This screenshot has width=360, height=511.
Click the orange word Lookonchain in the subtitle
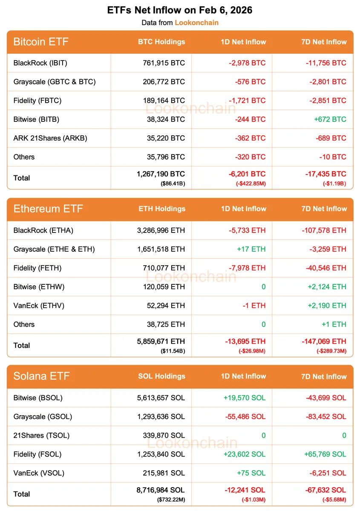pyautogui.click(x=196, y=23)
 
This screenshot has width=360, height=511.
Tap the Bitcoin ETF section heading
pyautogui.click(x=41, y=42)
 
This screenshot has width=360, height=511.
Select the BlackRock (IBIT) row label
pyautogui.click(x=40, y=63)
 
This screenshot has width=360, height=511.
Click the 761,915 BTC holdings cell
pyautogui.click(x=164, y=63)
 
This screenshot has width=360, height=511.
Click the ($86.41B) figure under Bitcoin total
pyautogui.click(x=173, y=184)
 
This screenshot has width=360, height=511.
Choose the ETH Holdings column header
pyautogui.click(x=162, y=209)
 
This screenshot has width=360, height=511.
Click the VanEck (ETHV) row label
pyautogui.click(x=39, y=305)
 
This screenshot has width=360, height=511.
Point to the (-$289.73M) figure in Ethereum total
pyautogui.click(x=331, y=351)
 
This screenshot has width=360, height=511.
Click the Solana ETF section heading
pyautogui.click(x=41, y=376)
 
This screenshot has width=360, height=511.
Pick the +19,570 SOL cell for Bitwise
pyautogui.click(x=244, y=398)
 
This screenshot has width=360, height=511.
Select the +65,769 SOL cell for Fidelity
pyautogui.click(x=325, y=454)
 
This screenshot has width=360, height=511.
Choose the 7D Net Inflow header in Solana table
pyautogui.click(x=324, y=376)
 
